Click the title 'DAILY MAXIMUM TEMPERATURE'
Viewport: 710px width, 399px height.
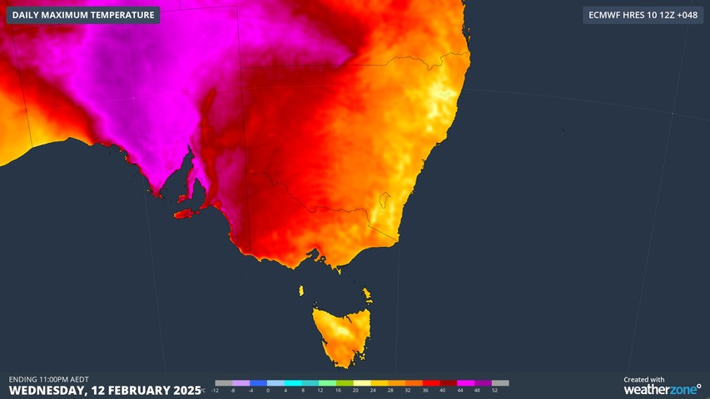83,15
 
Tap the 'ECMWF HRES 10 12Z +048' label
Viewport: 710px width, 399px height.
643,15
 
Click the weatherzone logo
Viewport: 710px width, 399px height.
663,389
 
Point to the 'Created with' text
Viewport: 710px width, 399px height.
644,379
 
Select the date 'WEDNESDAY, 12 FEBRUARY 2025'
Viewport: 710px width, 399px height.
105,390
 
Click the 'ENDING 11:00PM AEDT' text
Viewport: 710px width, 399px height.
49,379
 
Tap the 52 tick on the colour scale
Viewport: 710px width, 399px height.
494,390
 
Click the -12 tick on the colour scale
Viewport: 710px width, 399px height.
216,390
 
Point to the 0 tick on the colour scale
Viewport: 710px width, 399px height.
268,390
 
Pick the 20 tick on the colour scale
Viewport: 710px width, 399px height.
355,390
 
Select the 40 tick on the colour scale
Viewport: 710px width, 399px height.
442,390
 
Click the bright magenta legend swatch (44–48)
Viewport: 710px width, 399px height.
466,383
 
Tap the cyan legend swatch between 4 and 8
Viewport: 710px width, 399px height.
294,383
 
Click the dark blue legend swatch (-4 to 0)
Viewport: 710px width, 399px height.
258,383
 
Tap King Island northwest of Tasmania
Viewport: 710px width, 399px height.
301,290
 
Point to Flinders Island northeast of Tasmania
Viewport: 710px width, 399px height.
366,294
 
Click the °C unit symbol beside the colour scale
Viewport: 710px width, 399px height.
204,390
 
